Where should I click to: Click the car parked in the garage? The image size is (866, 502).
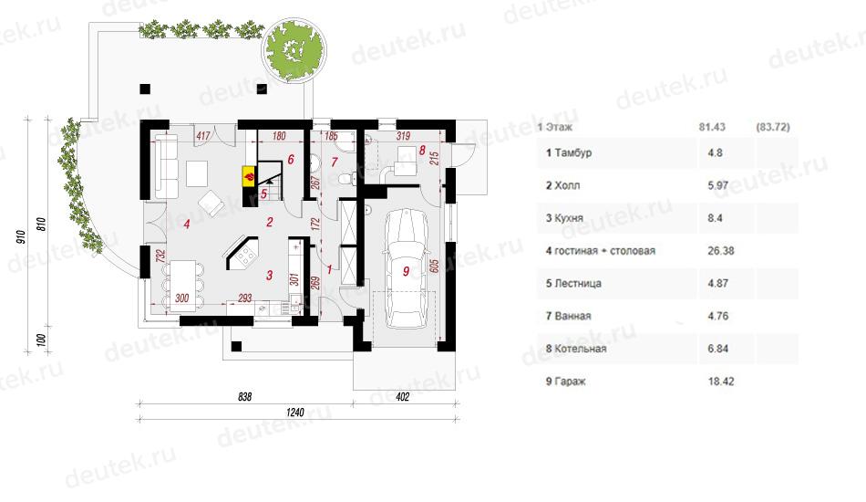coord(407,269)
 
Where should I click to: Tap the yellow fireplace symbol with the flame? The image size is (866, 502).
coord(249,176)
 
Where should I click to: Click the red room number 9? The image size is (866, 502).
coord(407,271)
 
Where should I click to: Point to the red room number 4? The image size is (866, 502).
coord(187,224)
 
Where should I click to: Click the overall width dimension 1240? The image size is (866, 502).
coord(295,412)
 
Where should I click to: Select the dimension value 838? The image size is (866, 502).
coord(244,396)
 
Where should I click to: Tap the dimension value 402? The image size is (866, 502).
coord(403,396)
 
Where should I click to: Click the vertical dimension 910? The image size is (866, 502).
coord(21,236)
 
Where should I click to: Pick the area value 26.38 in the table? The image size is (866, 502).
coord(721,250)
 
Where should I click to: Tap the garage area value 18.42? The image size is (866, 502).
coord(721,382)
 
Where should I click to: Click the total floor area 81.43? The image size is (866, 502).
coord(712,127)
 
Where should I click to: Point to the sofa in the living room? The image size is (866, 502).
coord(165,165)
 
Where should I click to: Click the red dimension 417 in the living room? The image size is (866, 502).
coord(203,135)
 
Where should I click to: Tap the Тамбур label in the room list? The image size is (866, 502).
coord(573,152)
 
